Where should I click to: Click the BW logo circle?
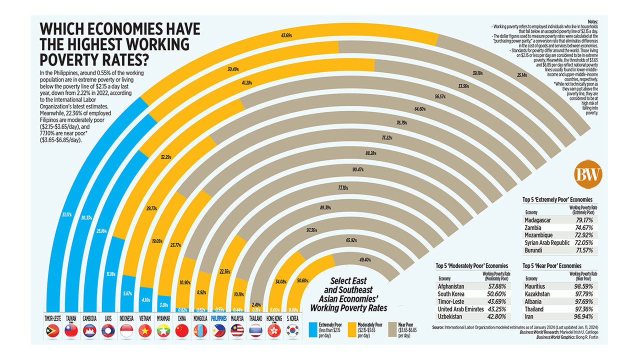tap(588, 173)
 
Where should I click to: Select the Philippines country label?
tap(219, 317)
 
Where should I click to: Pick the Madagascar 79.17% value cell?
tap(583, 219)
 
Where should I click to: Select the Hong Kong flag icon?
tap(273, 330)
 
